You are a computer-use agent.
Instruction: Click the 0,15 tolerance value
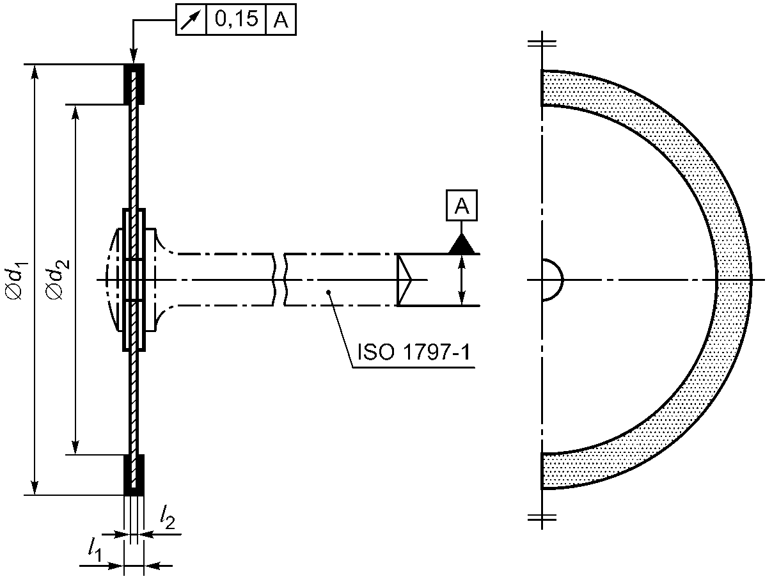click(x=237, y=19)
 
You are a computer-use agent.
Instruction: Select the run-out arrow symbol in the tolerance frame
click(x=190, y=20)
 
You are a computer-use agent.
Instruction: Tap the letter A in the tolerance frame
click(x=281, y=20)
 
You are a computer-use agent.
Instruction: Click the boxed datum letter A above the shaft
click(x=461, y=205)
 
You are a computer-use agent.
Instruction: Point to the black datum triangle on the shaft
click(x=461, y=244)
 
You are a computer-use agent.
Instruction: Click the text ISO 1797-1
click(x=414, y=351)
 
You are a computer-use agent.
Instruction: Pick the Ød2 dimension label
click(x=58, y=280)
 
